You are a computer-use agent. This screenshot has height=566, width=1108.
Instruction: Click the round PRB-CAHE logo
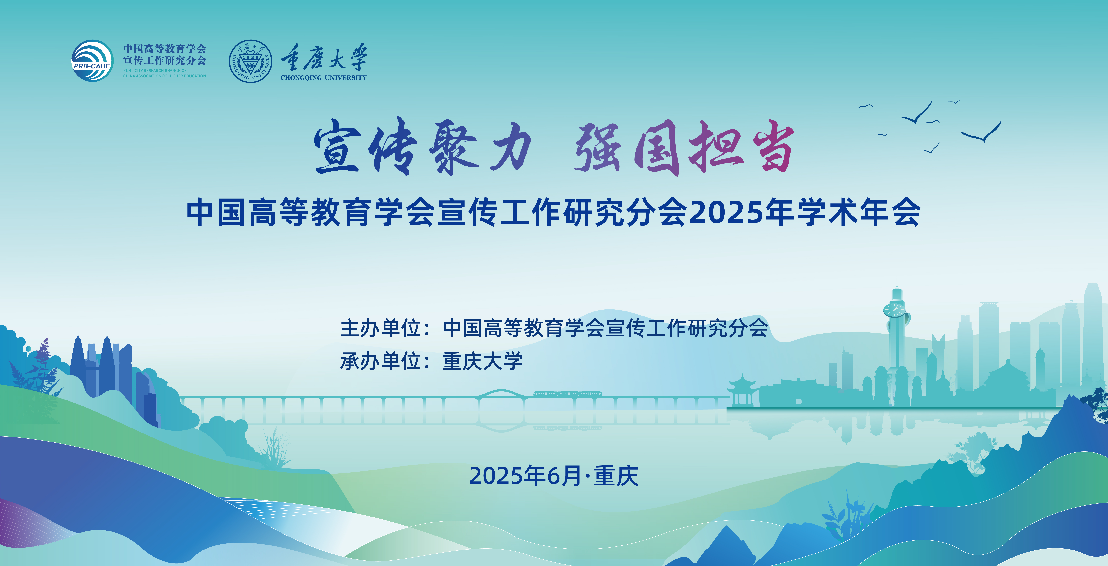(x=92, y=61)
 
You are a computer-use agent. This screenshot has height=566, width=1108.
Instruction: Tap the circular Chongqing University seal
(x=250, y=61)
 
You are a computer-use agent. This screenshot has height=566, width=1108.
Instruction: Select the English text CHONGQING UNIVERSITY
(x=323, y=78)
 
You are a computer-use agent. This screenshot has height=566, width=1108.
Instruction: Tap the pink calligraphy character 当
(x=773, y=146)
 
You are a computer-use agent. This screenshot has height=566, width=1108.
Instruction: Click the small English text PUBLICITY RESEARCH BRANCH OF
(x=155, y=71)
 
